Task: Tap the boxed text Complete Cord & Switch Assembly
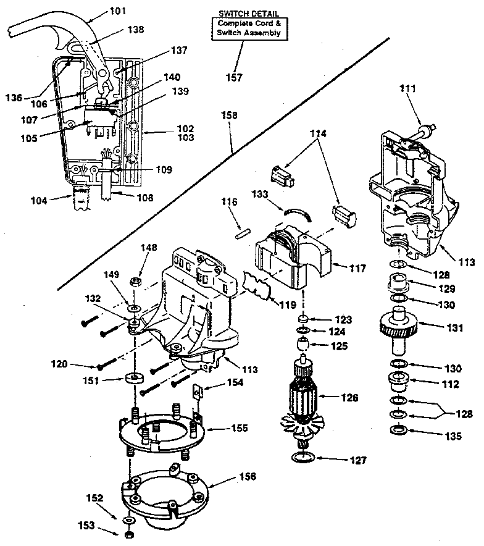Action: tap(248, 28)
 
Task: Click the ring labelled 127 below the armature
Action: tap(301, 458)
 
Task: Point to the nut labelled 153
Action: tap(129, 533)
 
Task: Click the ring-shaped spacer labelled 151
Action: tap(131, 378)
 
